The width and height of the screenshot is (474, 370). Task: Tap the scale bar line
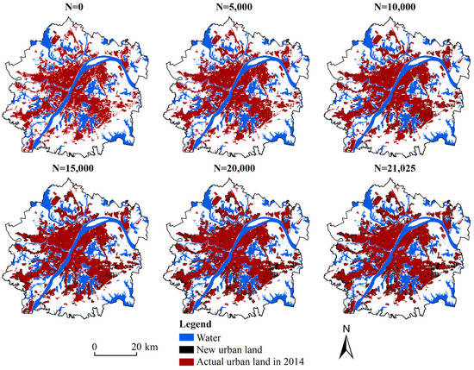click(x=119, y=354)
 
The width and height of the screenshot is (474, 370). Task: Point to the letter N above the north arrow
click(x=343, y=329)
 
